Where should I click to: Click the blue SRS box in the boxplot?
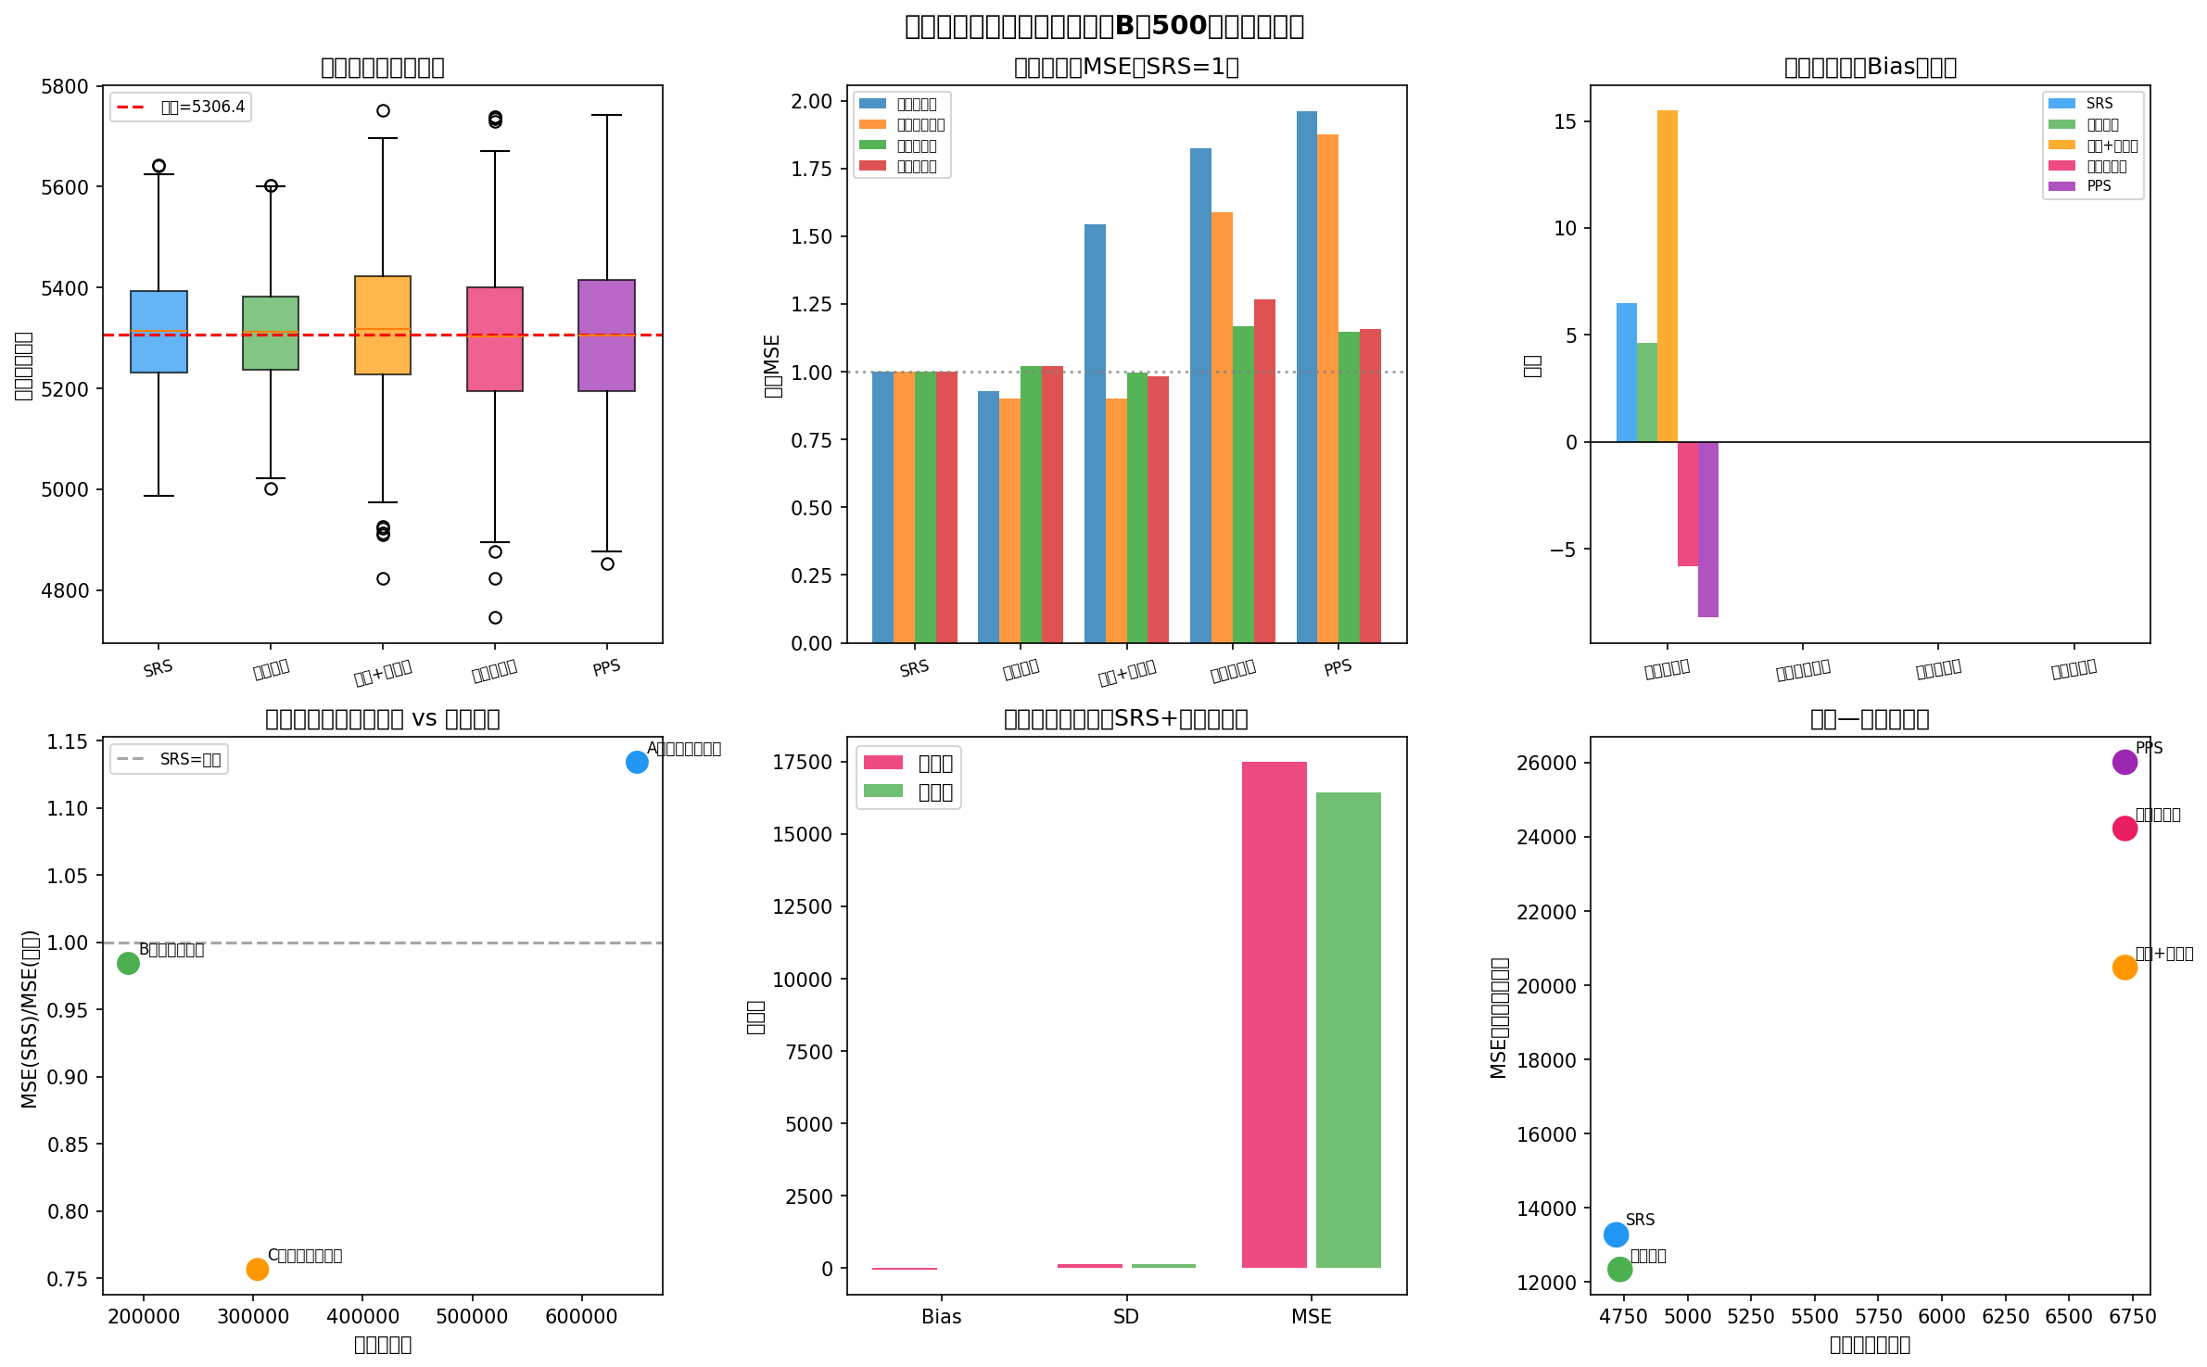(159, 332)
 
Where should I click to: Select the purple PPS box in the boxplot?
(606, 335)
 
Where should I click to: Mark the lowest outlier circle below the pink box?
(495, 617)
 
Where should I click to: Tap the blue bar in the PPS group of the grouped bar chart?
(1306, 376)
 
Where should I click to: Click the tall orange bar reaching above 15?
(1667, 276)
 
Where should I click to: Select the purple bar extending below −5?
(1707, 529)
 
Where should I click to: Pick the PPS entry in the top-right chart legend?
(2099, 186)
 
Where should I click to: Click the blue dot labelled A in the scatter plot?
(637, 762)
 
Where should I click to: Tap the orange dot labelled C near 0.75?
(257, 1269)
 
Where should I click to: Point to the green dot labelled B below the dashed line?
(128, 963)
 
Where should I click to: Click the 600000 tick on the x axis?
(581, 1317)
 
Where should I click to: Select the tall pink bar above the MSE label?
(1274, 1015)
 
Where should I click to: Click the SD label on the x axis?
(1126, 1317)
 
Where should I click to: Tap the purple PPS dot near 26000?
(2125, 762)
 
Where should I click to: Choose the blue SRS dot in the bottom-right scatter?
(1616, 1234)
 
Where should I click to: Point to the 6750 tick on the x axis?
(2132, 1317)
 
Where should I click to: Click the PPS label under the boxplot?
(606, 668)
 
